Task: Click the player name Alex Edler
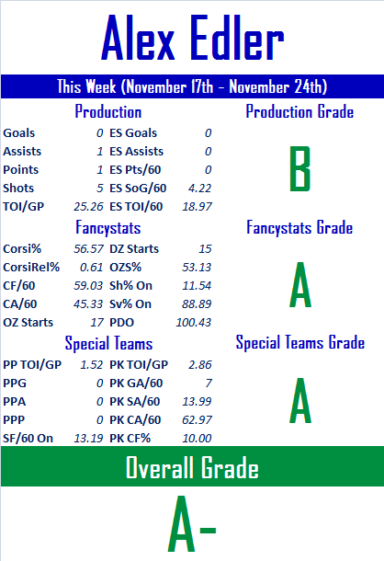pyautogui.click(x=192, y=38)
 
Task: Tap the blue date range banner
pyautogui.click(x=192, y=86)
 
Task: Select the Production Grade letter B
pyautogui.click(x=299, y=168)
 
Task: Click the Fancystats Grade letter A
pyautogui.click(x=300, y=284)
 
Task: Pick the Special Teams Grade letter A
pyautogui.click(x=300, y=400)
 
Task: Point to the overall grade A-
pyautogui.click(x=192, y=523)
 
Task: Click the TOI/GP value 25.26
pyautogui.click(x=88, y=206)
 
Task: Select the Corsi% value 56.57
pyautogui.click(x=88, y=248)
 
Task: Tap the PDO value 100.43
pyautogui.click(x=194, y=323)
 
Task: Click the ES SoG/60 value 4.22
pyautogui.click(x=199, y=189)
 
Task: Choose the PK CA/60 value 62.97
pyautogui.click(x=197, y=419)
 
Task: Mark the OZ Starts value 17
pyautogui.click(x=96, y=323)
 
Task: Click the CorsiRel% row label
pyautogui.click(x=31, y=268)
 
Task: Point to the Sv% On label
pyautogui.click(x=130, y=304)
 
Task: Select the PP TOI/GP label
pyautogui.click(x=32, y=364)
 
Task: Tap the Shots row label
pyautogui.click(x=18, y=189)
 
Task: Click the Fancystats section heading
pyautogui.click(x=108, y=228)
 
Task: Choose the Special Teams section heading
pyautogui.click(x=108, y=343)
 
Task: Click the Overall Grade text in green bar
pyautogui.click(x=192, y=467)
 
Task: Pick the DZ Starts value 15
pyautogui.click(x=205, y=248)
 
